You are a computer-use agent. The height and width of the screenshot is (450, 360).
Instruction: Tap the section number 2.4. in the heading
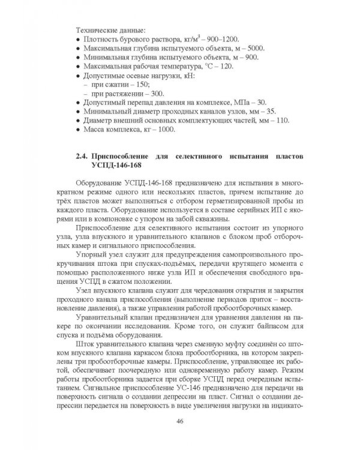[83, 157]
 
